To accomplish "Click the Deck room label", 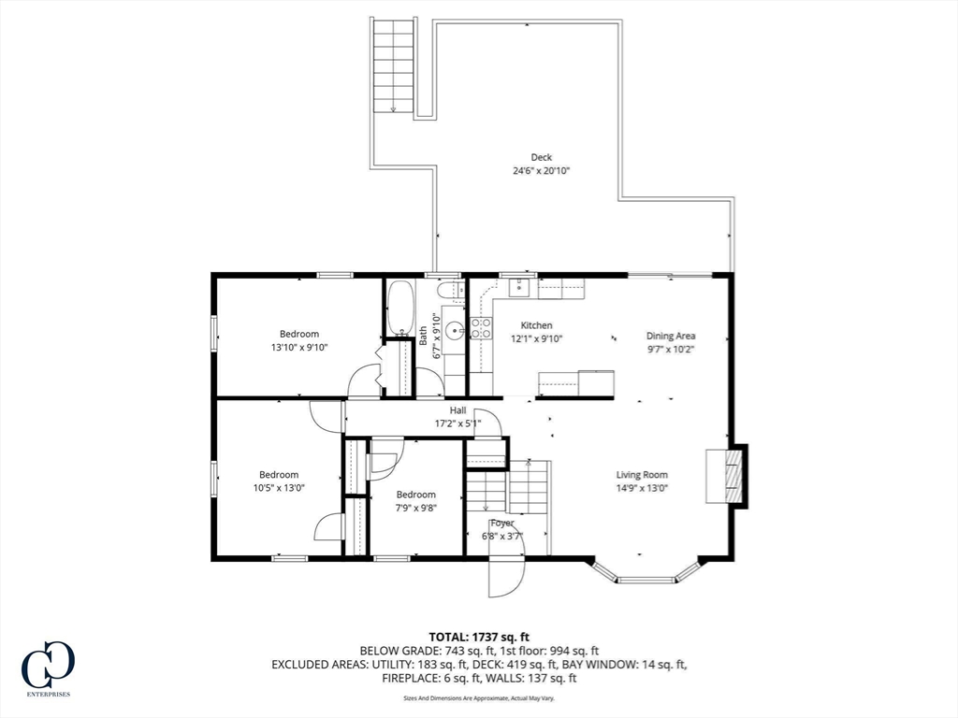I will [x=541, y=157].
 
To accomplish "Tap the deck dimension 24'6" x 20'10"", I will [x=541, y=171].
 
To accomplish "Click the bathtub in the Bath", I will [x=400, y=308].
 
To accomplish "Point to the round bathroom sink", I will [x=454, y=329].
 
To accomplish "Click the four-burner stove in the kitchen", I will [x=481, y=327].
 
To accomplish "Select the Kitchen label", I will [x=536, y=325].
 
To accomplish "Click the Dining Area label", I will [x=671, y=336].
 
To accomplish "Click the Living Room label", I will [x=642, y=474].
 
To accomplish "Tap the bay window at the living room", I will [x=646, y=572].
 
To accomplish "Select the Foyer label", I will [x=501, y=523].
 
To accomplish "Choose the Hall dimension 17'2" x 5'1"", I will [x=457, y=423].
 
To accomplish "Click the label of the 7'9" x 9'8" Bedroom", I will [x=415, y=495].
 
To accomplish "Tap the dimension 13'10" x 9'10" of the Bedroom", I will [x=299, y=347].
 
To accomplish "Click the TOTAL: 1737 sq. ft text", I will [x=478, y=637].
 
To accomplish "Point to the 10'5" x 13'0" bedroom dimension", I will [x=279, y=487].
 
